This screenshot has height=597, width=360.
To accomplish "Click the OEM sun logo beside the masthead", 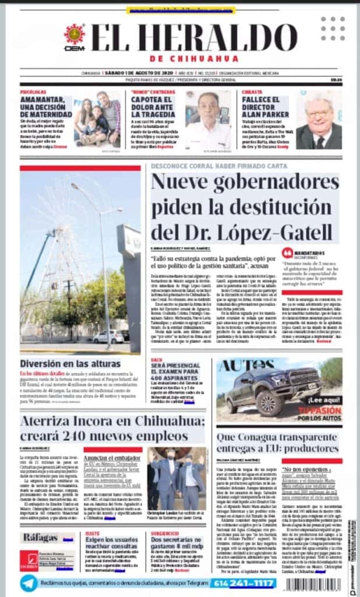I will point(74,34).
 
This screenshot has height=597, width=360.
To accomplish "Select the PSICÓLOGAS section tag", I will point(33,92).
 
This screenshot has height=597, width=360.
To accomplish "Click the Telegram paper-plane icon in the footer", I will point(29,584).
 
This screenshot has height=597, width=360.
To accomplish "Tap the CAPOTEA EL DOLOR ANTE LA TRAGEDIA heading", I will point(154,108).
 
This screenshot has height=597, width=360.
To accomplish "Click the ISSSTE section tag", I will point(92,532).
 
